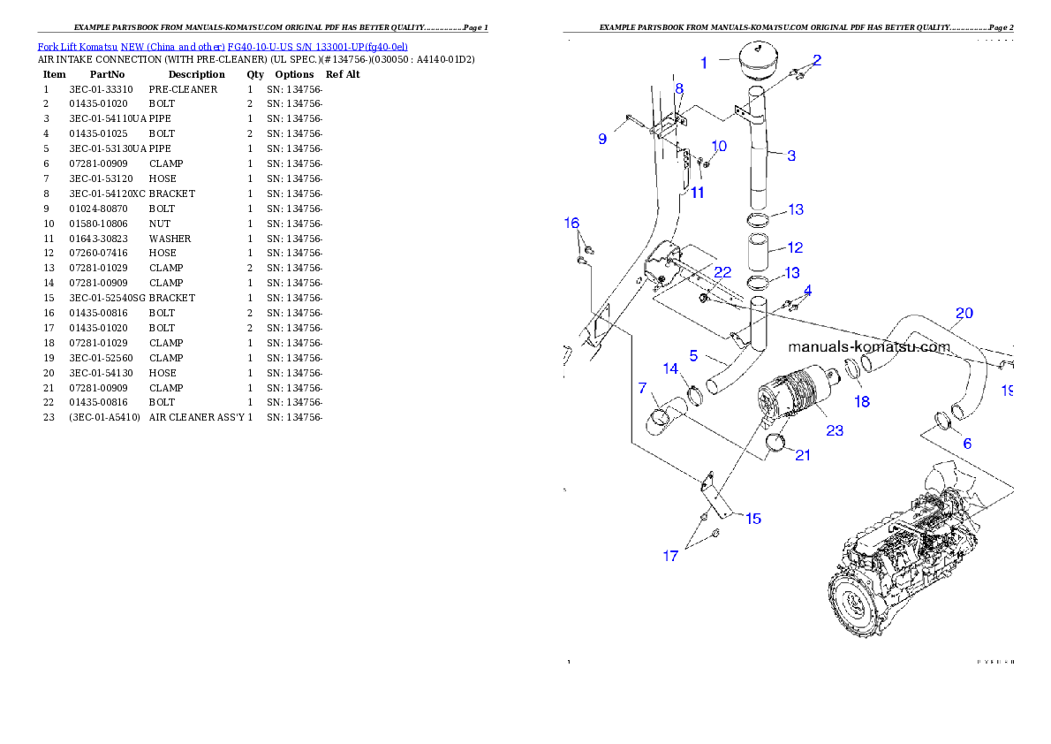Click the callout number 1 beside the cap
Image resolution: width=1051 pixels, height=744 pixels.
[x=704, y=63]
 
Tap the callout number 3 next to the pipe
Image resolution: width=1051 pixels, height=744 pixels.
[x=791, y=156]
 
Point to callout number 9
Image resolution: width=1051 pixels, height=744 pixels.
[x=602, y=139]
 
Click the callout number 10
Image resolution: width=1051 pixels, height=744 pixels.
[x=719, y=146]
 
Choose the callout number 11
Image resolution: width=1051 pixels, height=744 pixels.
[x=697, y=193]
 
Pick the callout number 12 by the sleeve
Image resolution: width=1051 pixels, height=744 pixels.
[x=795, y=247]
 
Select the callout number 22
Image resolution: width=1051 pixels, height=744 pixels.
[x=722, y=272]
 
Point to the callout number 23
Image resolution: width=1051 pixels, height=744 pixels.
[x=835, y=430]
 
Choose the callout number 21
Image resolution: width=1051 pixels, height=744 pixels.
[x=802, y=455]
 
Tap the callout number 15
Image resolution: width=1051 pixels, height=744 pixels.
[x=752, y=519]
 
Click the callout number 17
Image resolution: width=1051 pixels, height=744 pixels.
[x=671, y=556]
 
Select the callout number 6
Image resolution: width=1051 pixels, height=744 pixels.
[x=967, y=444]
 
